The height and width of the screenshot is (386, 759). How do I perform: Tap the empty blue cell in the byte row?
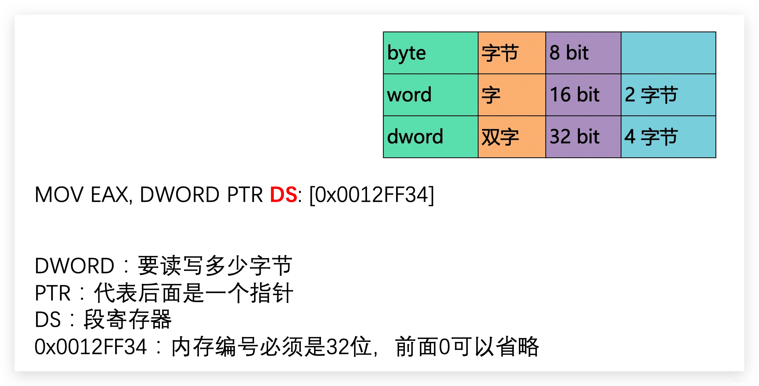coord(668,53)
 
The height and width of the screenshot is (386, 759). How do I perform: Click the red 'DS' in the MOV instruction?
coord(283,194)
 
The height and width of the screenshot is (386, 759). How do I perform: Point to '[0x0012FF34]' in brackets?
coord(371,194)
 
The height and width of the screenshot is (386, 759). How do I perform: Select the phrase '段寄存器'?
coord(128,319)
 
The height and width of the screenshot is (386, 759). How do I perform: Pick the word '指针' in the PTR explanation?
coord(271,293)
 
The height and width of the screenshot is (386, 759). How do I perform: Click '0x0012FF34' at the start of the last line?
coord(90,347)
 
